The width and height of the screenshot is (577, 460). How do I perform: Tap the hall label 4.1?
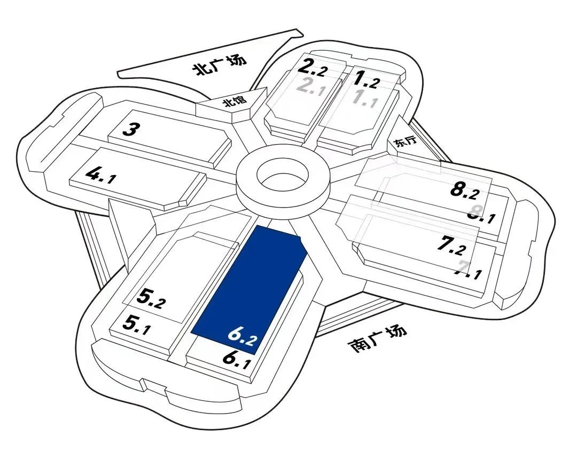(98, 175)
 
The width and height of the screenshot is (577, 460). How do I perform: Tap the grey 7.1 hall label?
(467, 272)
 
